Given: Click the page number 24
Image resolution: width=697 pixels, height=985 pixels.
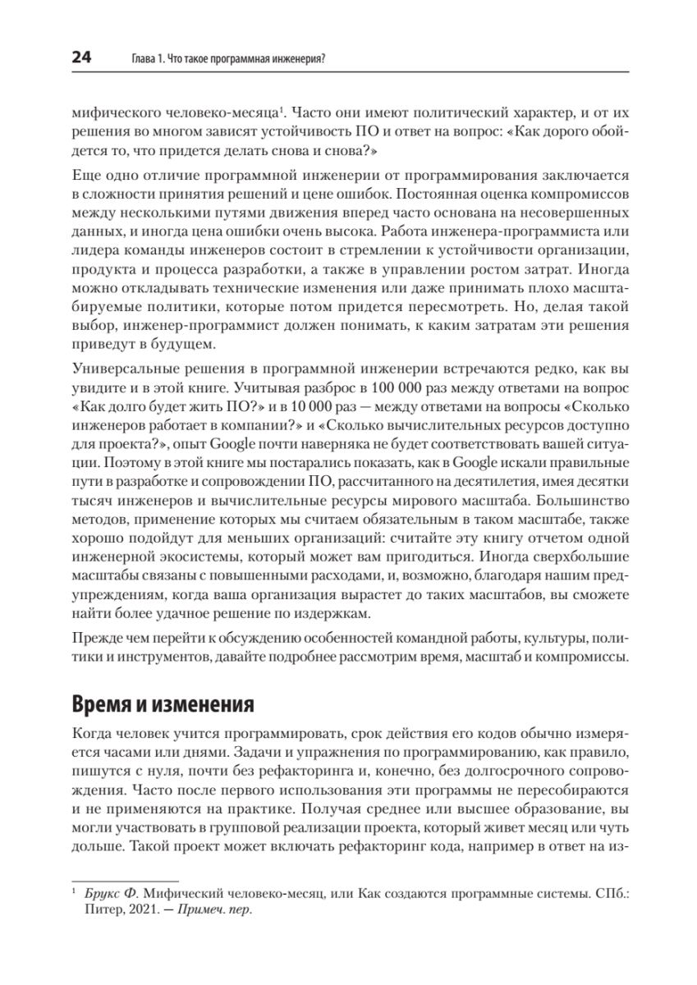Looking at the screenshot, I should [x=81, y=57].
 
